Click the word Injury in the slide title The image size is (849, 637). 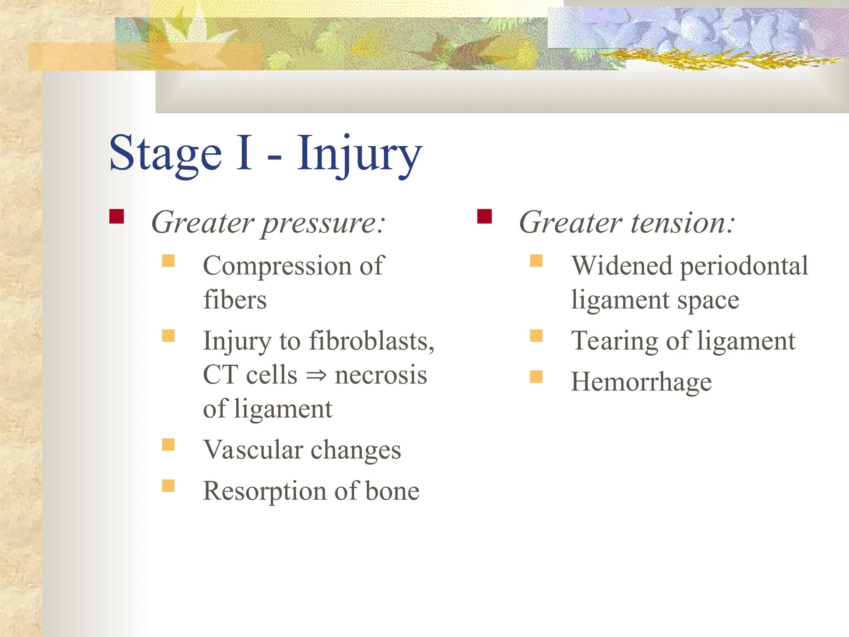[x=359, y=154]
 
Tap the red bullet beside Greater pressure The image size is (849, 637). [x=116, y=216]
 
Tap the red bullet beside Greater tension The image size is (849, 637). [x=484, y=216]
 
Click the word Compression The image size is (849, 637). [x=277, y=266]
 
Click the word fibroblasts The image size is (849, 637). [x=371, y=341]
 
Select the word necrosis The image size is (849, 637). [x=381, y=375]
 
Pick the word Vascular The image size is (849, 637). [x=253, y=450]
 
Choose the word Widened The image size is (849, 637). [x=621, y=266]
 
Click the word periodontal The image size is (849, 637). [x=744, y=267]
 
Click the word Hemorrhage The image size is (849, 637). [x=641, y=382]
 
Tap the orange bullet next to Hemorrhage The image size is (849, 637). [x=536, y=377]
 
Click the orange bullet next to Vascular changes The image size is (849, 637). [x=168, y=445]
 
